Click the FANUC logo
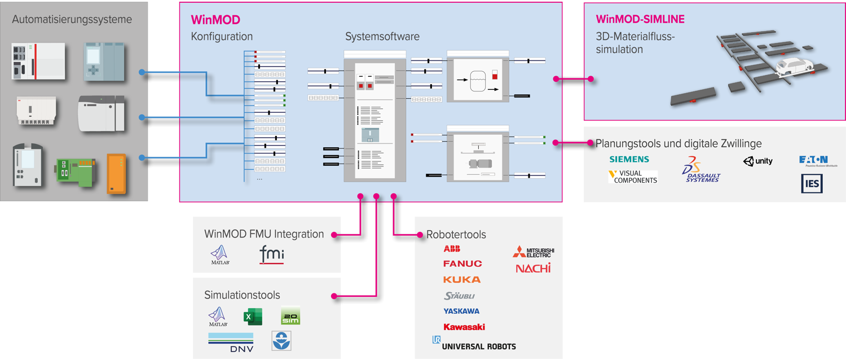(462, 264)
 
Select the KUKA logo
(462, 279)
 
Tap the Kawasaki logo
(464, 327)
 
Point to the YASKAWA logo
(461, 311)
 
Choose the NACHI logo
(533, 268)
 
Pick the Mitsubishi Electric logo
(534, 252)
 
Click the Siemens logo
(629, 160)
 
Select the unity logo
(758, 161)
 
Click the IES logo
(812, 184)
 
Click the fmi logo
(271, 254)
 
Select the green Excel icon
(253, 317)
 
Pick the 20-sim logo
(290, 316)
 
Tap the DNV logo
(231, 343)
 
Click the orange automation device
(116, 174)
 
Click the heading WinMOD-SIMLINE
(640, 20)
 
